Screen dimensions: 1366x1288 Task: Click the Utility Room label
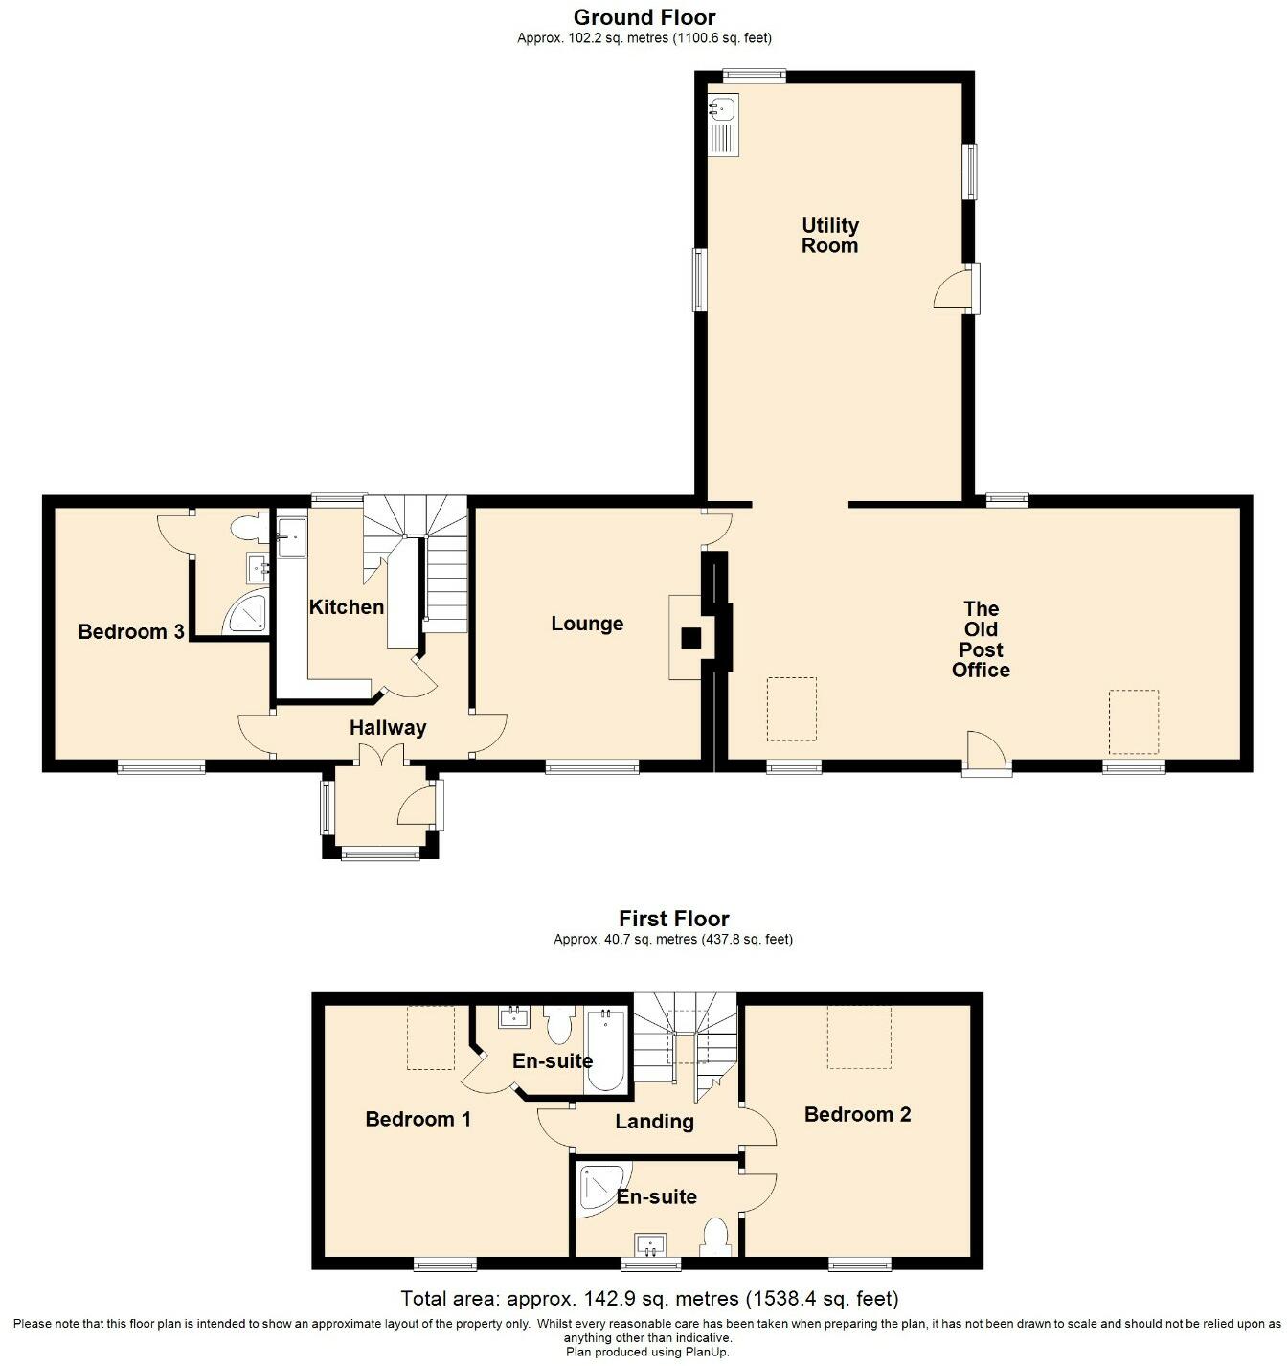tap(829, 236)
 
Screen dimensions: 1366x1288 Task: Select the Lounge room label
tap(587, 624)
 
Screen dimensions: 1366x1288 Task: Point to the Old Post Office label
tap(981, 639)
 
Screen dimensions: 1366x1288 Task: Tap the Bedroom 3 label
tap(131, 632)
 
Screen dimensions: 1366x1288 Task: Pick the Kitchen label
tap(346, 607)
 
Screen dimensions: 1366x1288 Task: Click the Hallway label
tap(388, 728)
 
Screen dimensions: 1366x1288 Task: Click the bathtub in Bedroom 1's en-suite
tap(604, 1050)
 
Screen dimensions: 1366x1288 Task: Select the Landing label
tap(654, 1122)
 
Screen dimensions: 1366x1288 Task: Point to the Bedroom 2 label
tap(857, 1115)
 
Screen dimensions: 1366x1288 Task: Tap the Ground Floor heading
tap(644, 17)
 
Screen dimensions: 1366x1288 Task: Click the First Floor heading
tap(673, 920)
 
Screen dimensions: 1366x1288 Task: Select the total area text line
tap(649, 1299)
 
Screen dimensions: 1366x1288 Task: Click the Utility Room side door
tap(958, 289)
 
